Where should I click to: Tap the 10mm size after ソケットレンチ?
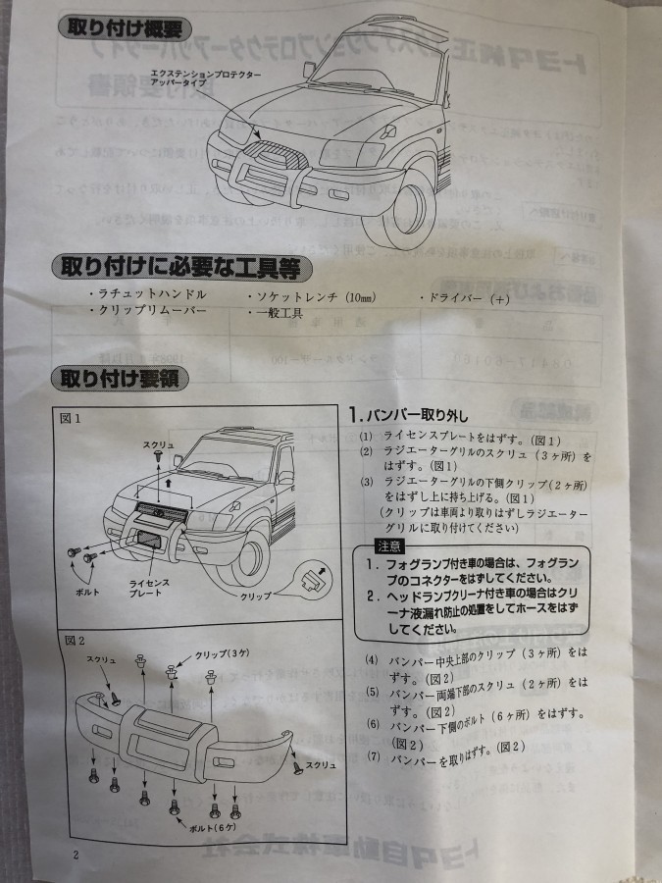pos(361,295)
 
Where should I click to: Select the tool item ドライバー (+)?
pos(457,298)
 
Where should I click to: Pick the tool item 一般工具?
pos(279,311)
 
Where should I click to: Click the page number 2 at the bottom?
pos(75,855)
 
